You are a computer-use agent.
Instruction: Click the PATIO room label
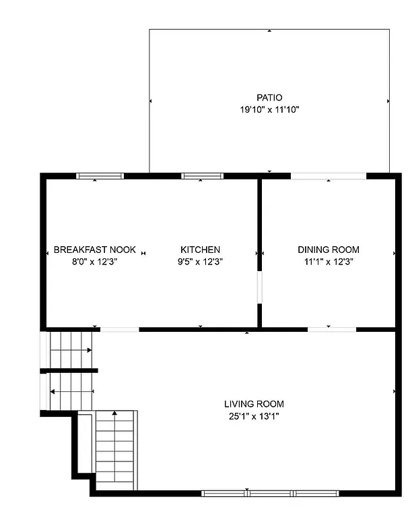coord(269,98)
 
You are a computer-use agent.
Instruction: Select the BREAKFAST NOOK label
coord(95,250)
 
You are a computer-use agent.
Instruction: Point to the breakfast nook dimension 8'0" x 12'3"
coord(95,261)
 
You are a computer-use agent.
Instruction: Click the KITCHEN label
coord(200,250)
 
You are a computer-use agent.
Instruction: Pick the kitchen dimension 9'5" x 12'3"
coord(200,261)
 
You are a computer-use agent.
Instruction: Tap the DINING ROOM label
coord(329,250)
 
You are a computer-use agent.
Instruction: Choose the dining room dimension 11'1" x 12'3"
coord(329,261)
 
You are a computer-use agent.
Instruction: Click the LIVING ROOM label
coord(254,404)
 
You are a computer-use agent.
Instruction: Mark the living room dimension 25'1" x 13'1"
coord(254,416)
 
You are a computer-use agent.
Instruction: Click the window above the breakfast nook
coord(100,176)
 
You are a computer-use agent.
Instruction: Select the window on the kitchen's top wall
coord(203,176)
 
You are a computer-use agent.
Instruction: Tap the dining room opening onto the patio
coord(329,176)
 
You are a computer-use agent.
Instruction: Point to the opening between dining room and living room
coord(332,329)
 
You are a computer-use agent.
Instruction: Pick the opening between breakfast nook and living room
coord(120,329)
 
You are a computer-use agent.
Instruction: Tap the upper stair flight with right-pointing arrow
coord(70,349)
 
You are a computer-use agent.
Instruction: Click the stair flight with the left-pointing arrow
coord(70,391)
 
